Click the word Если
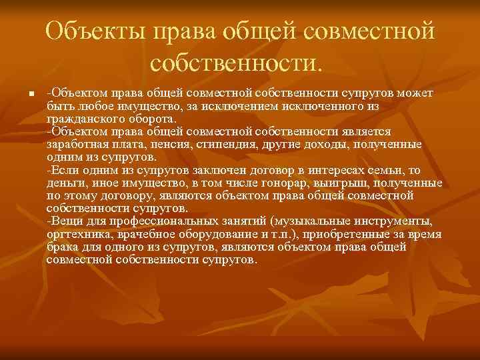pyautogui.click(x=63, y=169)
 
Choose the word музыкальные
pyautogui.click(x=314, y=221)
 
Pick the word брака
pyautogui.click(x=63, y=247)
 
